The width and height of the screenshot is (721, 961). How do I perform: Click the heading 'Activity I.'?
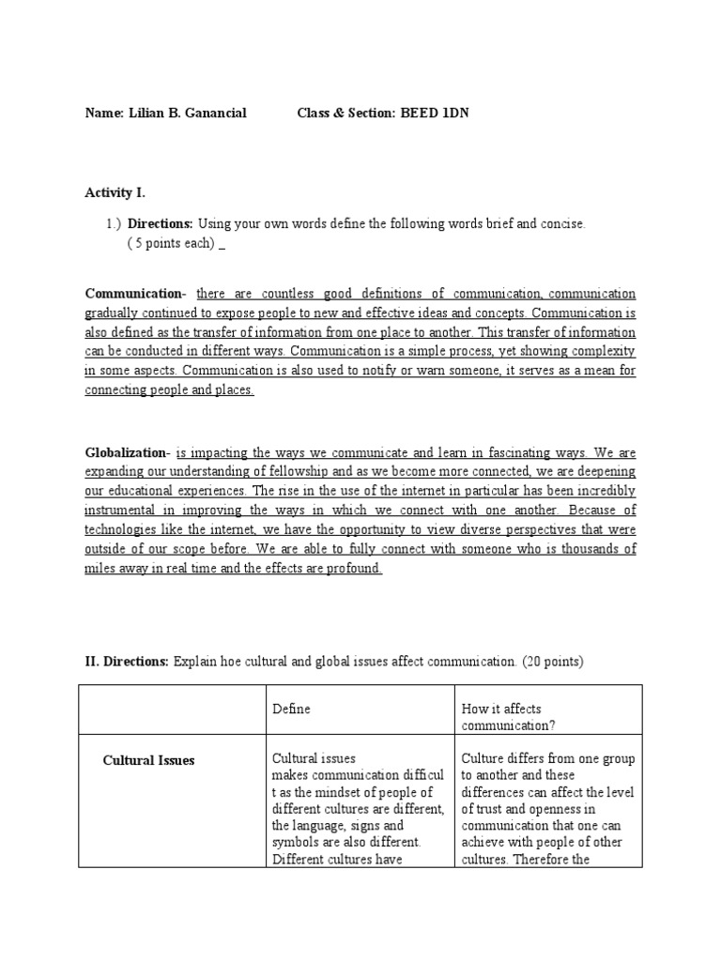coord(115,192)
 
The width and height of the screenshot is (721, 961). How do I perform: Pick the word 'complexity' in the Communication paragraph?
coord(602,352)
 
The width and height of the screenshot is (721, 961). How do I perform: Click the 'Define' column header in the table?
coord(291,709)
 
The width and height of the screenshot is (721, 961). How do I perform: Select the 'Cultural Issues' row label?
coord(148,760)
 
